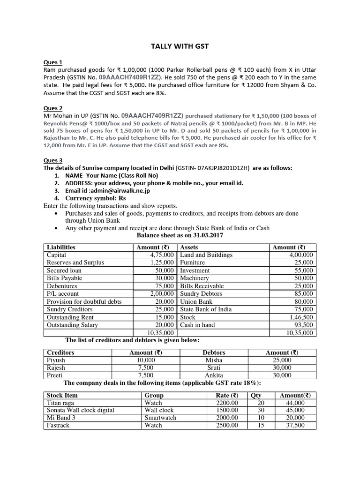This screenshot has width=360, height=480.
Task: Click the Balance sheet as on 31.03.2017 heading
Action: [180, 236]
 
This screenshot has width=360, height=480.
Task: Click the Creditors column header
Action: [60, 352]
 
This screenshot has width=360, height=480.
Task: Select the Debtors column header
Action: [214, 352]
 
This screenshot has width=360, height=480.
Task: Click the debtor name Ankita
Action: [214, 375]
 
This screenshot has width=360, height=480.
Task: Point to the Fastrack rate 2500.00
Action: [227, 425]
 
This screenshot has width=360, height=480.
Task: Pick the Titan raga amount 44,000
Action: [295, 403]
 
